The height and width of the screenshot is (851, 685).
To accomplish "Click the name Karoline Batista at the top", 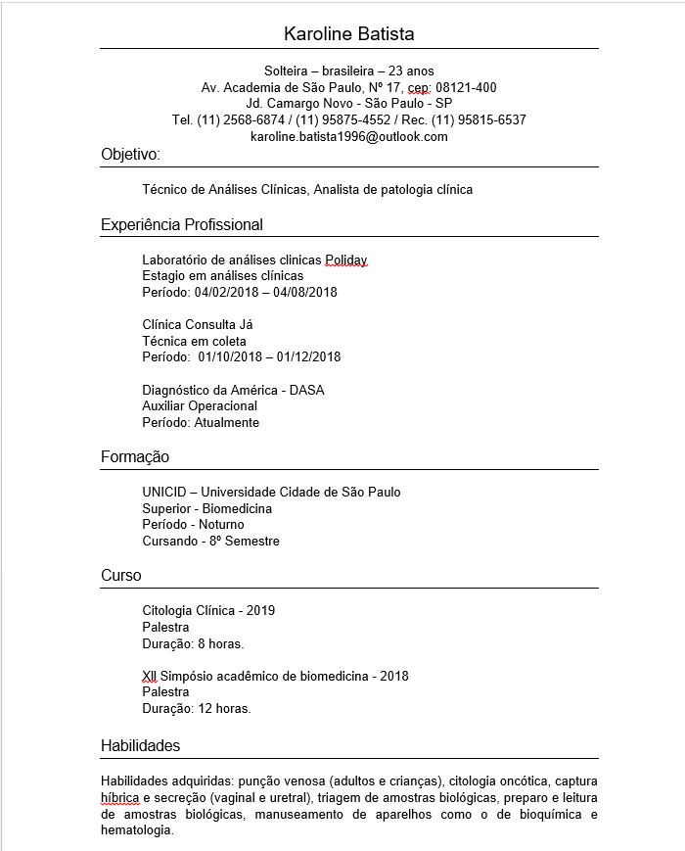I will click(348, 34).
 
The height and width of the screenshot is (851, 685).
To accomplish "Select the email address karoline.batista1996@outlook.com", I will click(348, 137).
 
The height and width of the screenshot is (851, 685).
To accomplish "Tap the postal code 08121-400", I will click(466, 87).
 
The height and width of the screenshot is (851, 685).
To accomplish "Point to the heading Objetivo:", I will click(130, 155).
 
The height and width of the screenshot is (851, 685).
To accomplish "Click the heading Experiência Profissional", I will click(182, 225).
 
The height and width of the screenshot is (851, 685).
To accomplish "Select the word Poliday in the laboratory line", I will click(346, 260).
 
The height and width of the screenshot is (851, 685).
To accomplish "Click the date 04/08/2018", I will click(305, 292).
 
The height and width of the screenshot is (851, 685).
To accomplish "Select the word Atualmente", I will click(227, 423).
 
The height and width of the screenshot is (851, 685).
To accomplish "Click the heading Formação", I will click(135, 457).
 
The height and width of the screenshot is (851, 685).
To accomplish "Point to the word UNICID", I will click(163, 492).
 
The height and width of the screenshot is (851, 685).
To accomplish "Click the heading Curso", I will click(121, 576).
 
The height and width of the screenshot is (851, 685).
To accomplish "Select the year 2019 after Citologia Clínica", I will click(261, 610).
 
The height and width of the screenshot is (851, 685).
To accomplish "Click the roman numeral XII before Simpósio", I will click(150, 676).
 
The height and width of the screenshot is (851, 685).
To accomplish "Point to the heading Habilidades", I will click(141, 746).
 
